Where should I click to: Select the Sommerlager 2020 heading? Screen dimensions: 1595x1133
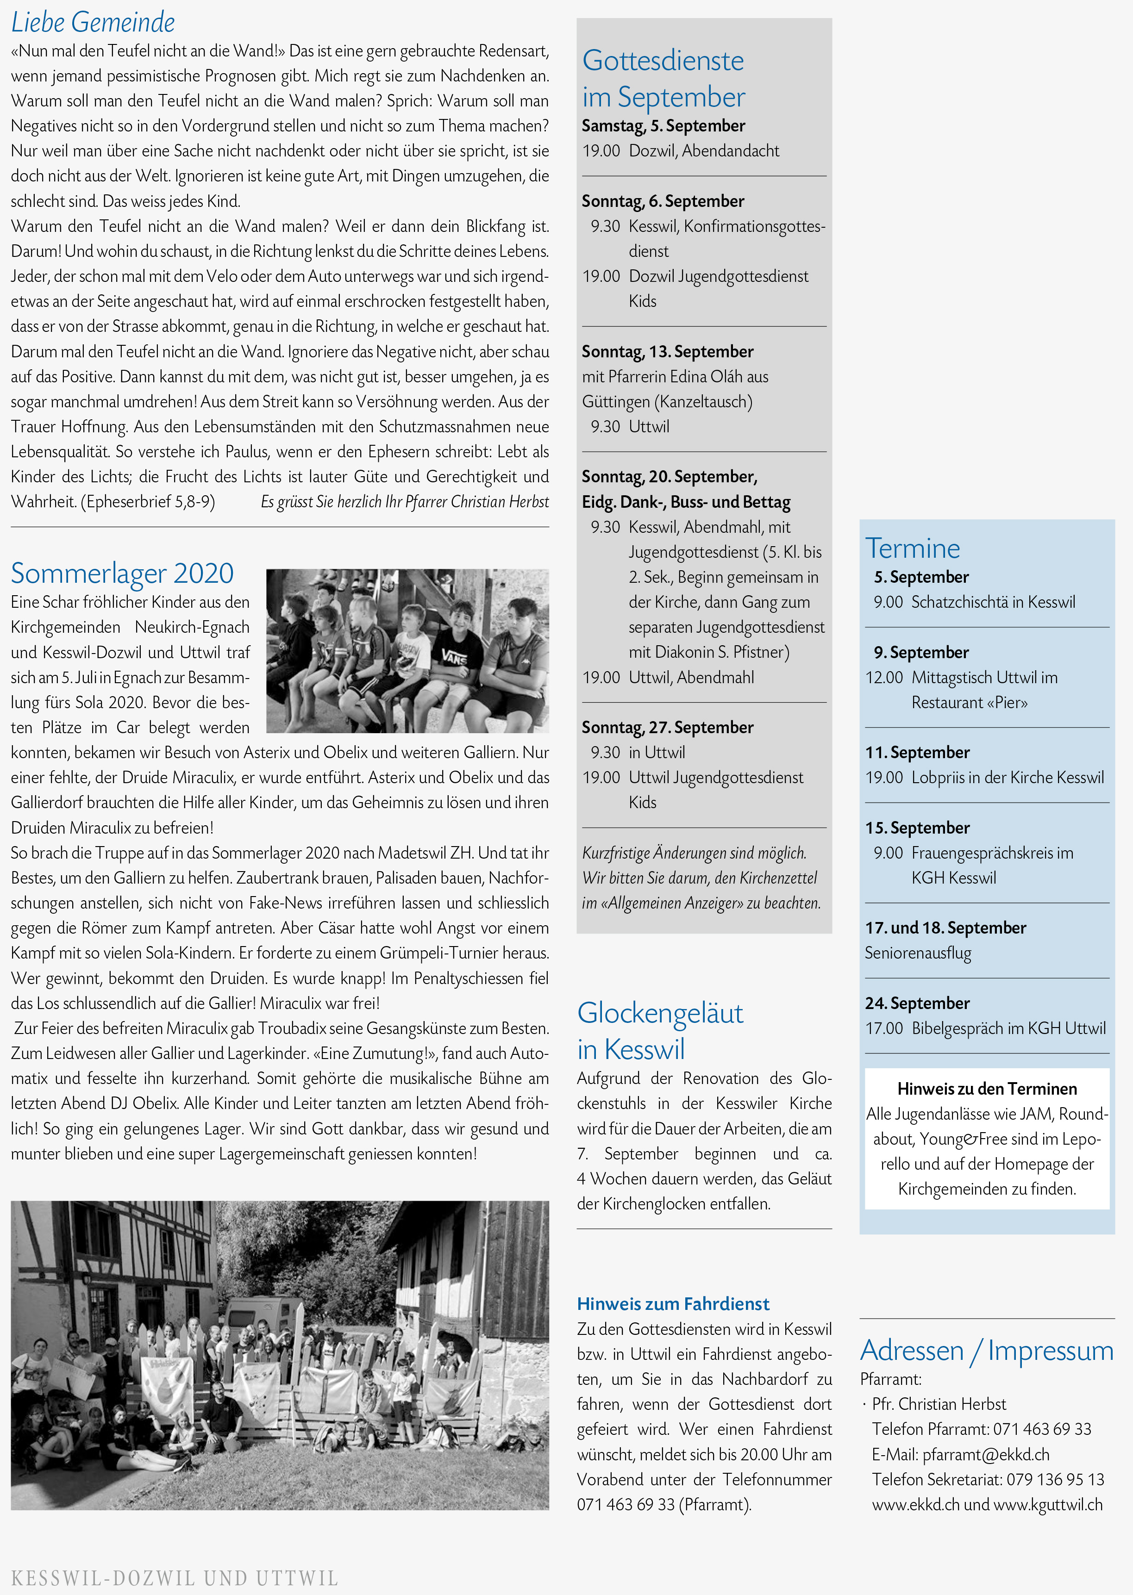point(122,573)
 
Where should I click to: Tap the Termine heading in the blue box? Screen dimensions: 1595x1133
point(913,549)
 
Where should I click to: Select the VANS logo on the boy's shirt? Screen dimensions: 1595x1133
point(454,656)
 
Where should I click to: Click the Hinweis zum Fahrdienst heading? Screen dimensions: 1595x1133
point(673,1304)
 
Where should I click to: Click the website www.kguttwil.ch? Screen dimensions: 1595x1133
point(1048,1505)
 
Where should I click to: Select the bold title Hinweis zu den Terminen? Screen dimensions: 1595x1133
point(987,1090)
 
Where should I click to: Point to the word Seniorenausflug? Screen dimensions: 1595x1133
point(918,953)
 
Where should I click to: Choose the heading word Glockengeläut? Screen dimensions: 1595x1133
point(660,1013)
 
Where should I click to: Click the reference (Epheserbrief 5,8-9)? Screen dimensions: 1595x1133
point(149,502)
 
